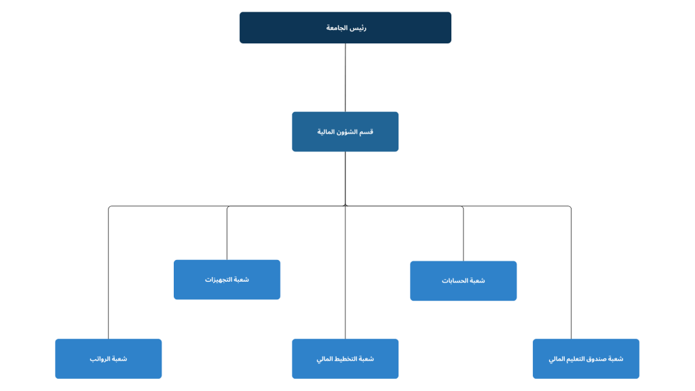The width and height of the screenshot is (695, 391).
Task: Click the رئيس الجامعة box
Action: coord(345,28)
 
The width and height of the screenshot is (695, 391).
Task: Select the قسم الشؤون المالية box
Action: coord(345,132)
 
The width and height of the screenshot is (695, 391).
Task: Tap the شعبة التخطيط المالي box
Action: coord(345,358)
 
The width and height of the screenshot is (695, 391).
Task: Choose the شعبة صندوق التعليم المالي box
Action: coord(586,358)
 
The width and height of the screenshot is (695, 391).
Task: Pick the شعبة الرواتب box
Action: coord(109,358)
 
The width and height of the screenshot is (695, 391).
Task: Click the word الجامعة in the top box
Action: coord(338,28)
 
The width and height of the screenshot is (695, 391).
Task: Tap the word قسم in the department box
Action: coord(367,132)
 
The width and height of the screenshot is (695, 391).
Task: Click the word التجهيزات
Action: coord(219,280)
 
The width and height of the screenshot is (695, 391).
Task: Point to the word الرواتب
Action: coord(100,358)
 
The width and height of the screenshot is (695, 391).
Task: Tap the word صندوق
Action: coord(597,358)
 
